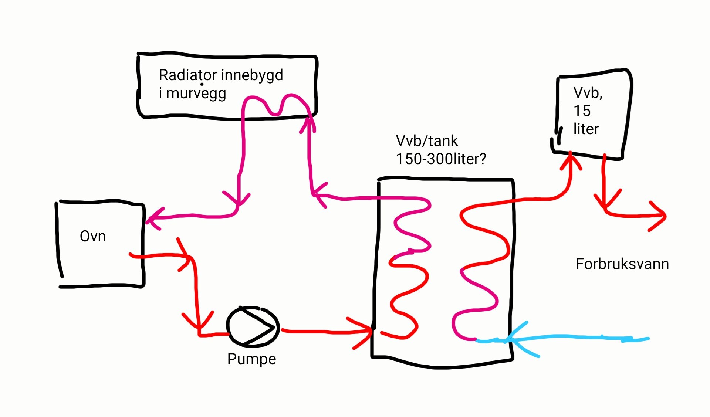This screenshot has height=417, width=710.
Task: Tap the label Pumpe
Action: [x=251, y=359]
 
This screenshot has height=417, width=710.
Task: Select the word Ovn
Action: [x=93, y=236]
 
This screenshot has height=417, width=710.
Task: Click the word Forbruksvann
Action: [x=622, y=264]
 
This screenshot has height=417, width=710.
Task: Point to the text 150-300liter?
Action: [x=441, y=159]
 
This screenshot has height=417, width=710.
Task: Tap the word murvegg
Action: [x=196, y=94]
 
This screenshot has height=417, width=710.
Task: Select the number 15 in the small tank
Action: [x=582, y=111]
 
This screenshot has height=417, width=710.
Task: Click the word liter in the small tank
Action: [x=586, y=129]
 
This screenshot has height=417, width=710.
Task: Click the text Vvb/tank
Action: [x=427, y=141]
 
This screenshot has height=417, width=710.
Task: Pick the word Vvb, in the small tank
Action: [x=588, y=93]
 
